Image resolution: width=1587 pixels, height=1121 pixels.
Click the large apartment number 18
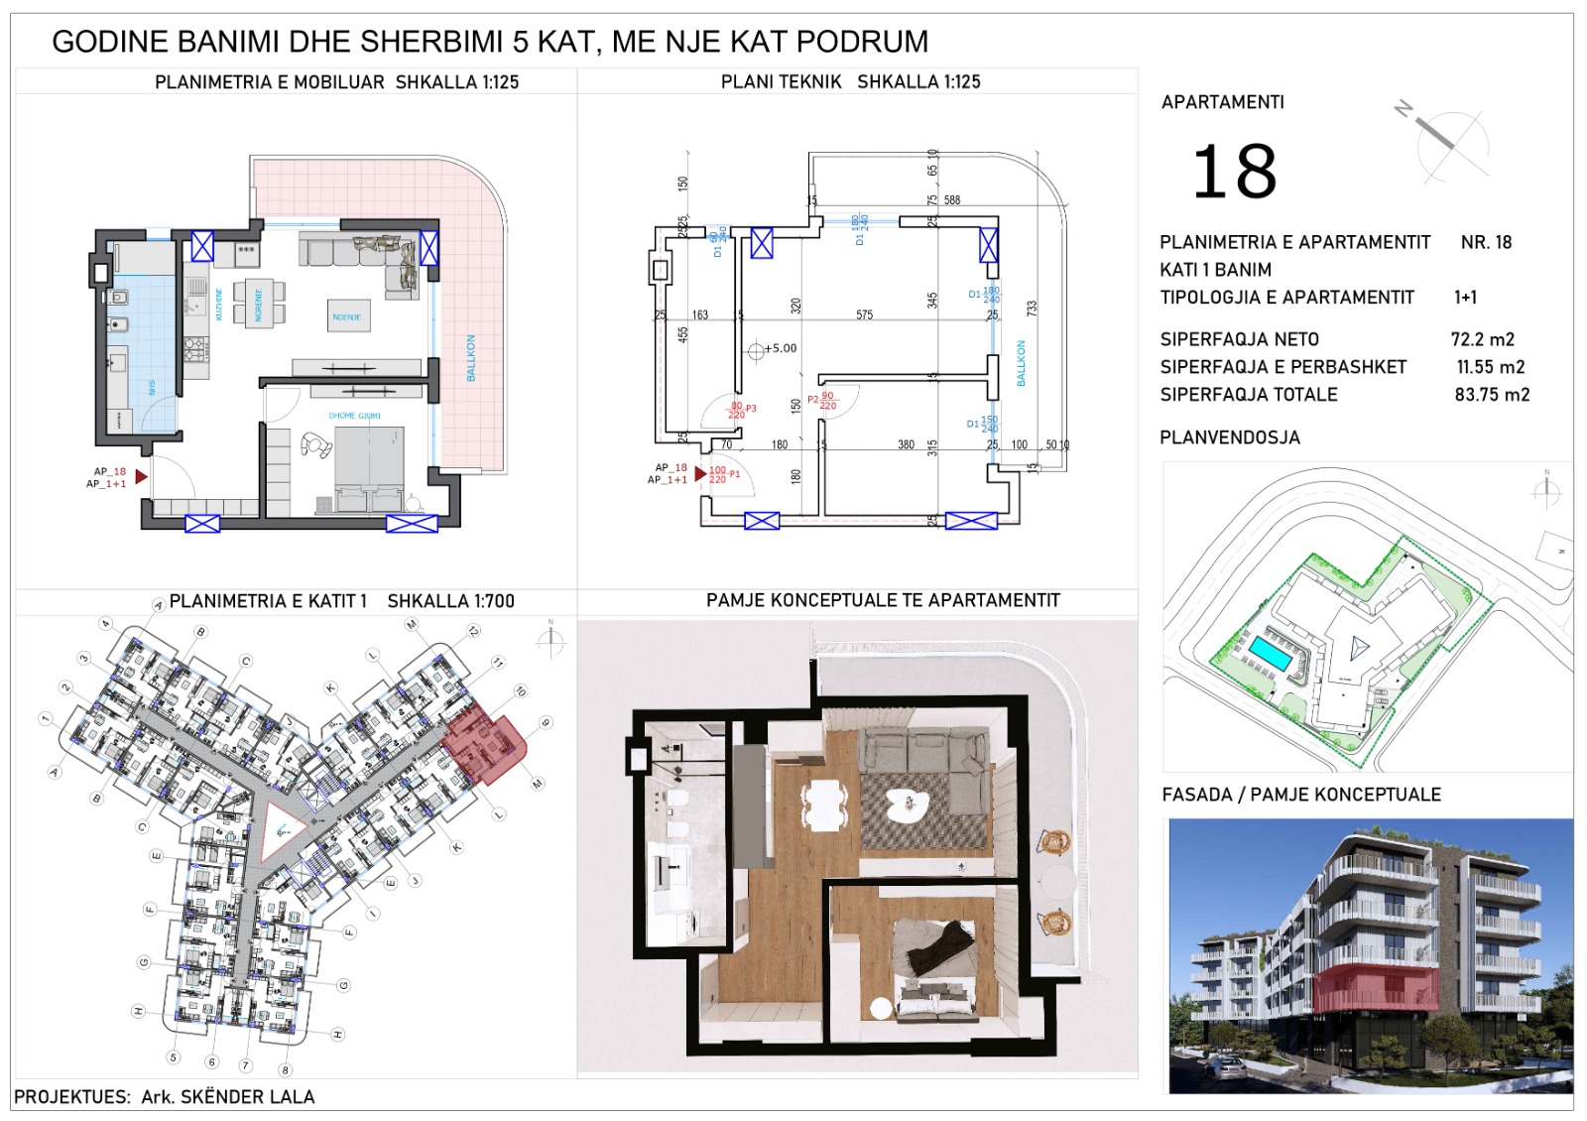click(1234, 172)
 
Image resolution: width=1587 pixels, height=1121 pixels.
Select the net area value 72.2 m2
click(1482, 339)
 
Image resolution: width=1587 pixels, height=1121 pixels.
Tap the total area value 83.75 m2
click(1492, 395)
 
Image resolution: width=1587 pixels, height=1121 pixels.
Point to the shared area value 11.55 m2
click(1490, 367)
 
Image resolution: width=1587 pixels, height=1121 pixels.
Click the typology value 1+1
click(1465, 297)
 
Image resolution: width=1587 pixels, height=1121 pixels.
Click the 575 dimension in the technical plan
click(864, 314)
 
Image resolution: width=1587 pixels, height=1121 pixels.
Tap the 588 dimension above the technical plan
click(951, 200)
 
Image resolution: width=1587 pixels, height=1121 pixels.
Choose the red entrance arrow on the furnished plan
click(141, 477)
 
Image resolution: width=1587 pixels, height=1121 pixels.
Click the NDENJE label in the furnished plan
click(346, 317)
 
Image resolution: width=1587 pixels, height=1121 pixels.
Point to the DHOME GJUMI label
click(355, 416)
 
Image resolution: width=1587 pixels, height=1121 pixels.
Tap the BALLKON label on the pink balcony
click(471, 357)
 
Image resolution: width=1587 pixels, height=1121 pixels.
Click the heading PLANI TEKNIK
click(781, 82)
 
